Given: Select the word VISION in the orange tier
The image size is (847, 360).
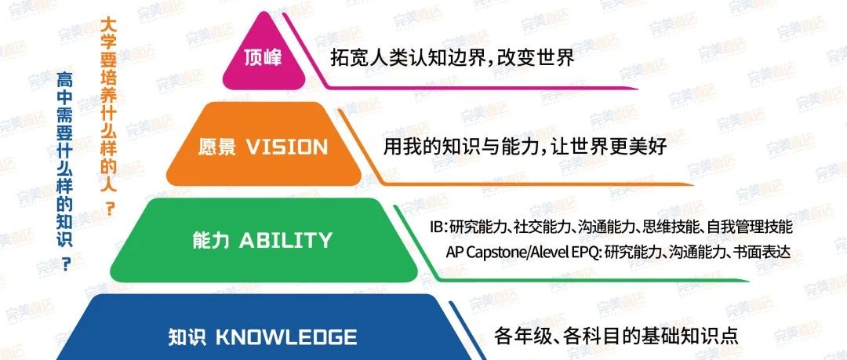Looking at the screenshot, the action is point(287,147).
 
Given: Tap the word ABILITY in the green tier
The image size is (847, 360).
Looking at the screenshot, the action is point(285,241).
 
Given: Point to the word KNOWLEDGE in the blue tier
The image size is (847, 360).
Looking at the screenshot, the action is point(286,337).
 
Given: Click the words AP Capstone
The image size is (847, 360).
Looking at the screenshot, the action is point(482,253).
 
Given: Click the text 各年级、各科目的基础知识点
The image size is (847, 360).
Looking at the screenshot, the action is point(616,336).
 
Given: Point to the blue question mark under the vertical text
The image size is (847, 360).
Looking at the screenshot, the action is point(67,264).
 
